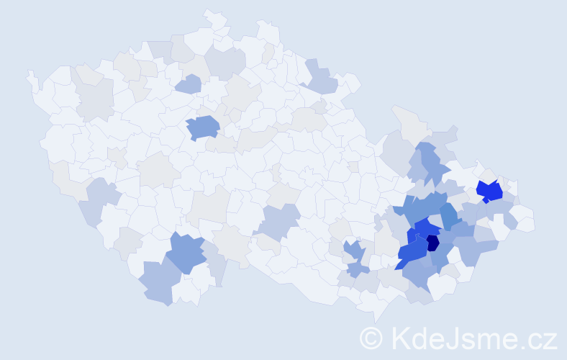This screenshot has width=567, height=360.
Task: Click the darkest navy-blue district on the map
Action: click(432, 243)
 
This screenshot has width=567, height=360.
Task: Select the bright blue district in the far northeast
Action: click(491, 192)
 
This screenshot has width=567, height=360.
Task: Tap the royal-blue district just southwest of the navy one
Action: click(412, 251)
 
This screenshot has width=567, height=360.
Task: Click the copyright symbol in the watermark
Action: click(371, 338)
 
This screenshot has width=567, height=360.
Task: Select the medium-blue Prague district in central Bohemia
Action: click(203, 127)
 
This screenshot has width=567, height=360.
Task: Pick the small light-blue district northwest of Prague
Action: click(189, 84)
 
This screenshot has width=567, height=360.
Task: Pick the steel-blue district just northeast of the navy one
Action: click(449, 217)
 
